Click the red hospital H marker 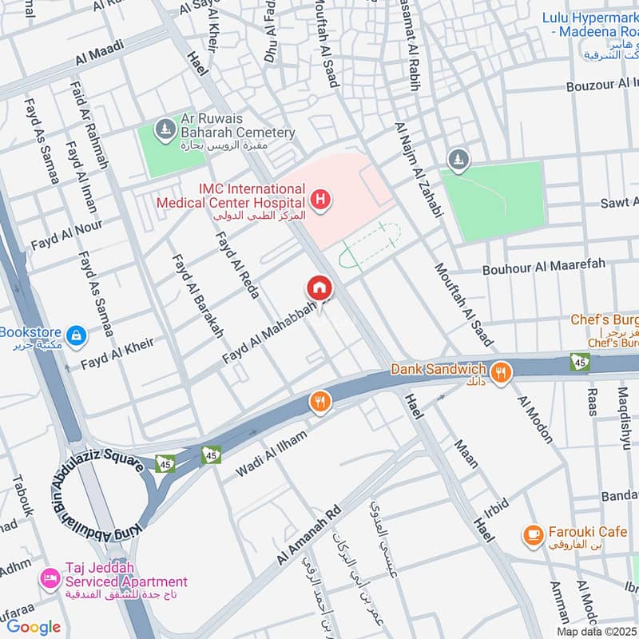click(x=320, y=199)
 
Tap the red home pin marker click(x=319, y=287)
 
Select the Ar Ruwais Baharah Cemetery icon click(x=165, y=128)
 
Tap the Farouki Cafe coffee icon click(x=533, y=533)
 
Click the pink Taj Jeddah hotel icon click(x=50, y=577)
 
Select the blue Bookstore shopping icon click(x=76, y=336)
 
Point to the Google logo click(x=34, y=627)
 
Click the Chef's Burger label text click(x=605, y=319)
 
